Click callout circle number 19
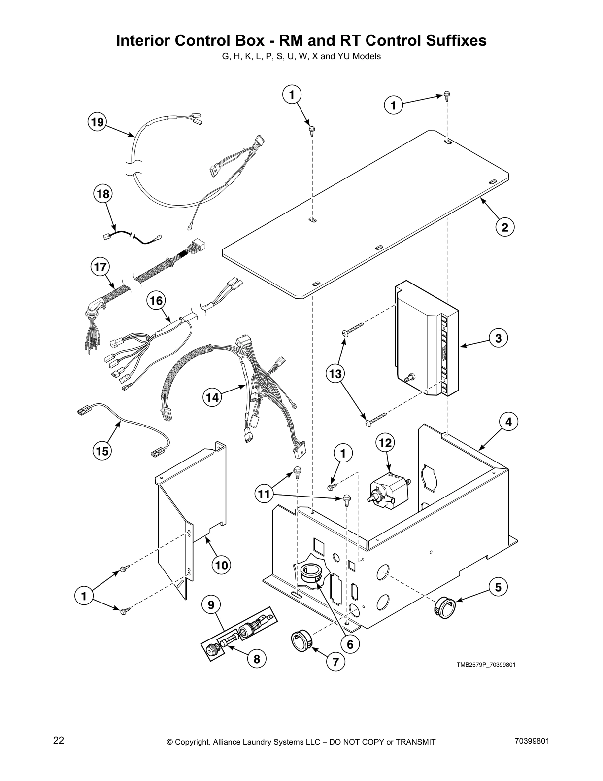point(98,122)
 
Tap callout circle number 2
point(505,227)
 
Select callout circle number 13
point(335,374)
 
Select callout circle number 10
point(222,565)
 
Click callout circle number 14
point(212,398)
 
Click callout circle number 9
point(211,604)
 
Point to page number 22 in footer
point(59,740)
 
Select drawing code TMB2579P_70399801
point(485,665)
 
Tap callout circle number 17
point(100,267)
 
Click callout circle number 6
point(350,644)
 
